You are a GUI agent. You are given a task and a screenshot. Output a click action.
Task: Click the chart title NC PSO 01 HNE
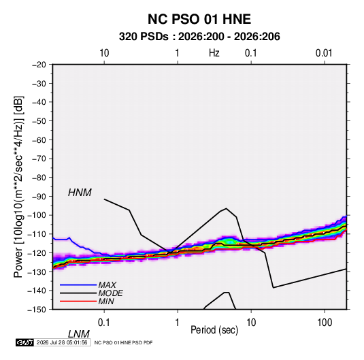(199, 19)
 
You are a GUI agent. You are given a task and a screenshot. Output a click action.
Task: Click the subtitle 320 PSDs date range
(199, 37)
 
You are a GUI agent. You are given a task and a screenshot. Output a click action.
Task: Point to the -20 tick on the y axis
(39, 65)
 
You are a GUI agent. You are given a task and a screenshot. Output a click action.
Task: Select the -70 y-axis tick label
(39, 159)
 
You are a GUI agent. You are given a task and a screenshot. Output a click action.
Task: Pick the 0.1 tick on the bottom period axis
(103, 323)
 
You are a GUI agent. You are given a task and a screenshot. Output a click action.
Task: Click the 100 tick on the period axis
(325, 323)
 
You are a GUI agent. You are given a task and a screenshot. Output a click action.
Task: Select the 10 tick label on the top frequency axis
(104, 53)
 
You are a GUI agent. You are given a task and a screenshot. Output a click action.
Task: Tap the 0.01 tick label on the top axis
(324, 53)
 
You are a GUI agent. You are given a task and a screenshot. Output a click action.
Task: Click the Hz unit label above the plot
(214, 53)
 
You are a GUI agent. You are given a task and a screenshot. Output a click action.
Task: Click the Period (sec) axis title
(214, 330)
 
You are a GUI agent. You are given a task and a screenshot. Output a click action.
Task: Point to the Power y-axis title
(18, 187)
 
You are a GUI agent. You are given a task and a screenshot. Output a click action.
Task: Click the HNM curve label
(80, 193)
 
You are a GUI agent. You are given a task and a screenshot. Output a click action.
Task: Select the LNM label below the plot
(79, 334)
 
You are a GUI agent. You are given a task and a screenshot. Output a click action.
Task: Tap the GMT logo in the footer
(25, 342)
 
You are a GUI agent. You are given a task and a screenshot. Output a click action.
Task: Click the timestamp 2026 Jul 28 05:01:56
(62, 342)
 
